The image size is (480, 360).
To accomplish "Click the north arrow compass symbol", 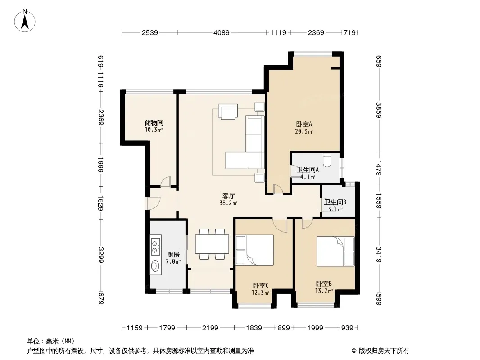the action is coord(25,21).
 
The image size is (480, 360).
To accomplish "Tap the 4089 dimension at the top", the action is coord(222,32).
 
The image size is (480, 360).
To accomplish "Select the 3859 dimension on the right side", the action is coord(379,110).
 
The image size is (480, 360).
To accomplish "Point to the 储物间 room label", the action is coord(154,123).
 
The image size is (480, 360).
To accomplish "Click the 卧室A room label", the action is coord(304,125).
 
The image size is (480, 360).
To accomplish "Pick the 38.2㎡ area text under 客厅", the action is coord(228,203).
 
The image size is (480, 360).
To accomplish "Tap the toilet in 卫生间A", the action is coord(327,161).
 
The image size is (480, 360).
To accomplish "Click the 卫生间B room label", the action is coord(335,202).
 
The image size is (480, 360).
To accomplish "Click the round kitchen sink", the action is coord(155,265).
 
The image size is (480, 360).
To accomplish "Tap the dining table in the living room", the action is coord(212,244).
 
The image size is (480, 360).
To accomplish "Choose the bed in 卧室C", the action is coord(255,250).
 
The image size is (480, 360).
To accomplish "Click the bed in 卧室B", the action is coord(335,252).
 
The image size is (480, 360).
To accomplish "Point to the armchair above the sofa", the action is coord(228,111).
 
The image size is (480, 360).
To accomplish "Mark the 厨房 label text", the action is coord(173,255).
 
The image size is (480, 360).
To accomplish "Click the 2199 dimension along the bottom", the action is coord(210,328).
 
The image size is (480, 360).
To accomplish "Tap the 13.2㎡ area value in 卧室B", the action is coord(324,291).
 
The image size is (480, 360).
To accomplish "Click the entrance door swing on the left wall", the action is coord(153,203).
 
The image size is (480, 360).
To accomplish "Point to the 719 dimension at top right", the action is coord(349,32).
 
